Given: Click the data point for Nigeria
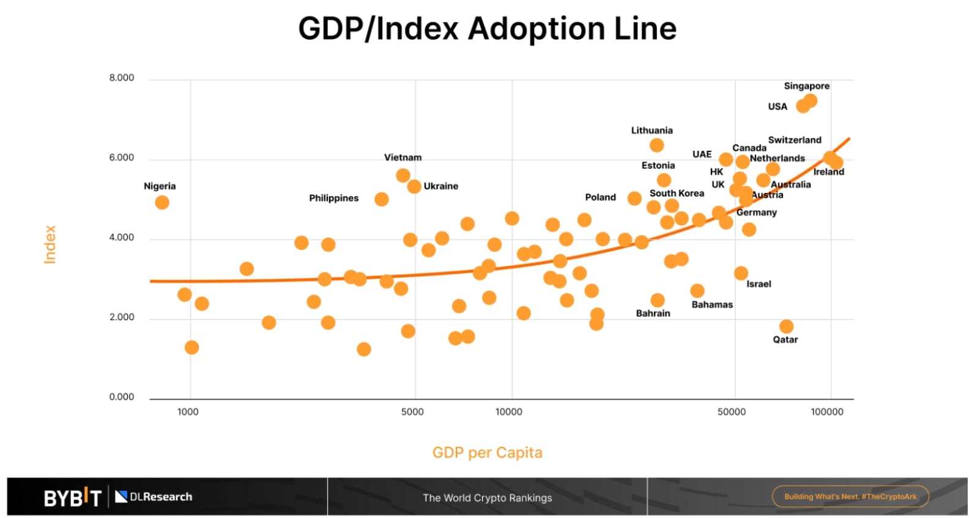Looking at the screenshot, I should click(x=162, y=203).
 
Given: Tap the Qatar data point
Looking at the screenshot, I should click(x=787, y=326).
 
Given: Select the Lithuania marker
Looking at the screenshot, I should click(x=657, y=145).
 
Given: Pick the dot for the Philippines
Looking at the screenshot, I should click(x=382, y=199).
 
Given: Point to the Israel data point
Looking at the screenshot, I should click(x=741, y=273).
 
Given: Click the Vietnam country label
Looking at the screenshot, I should click(x=403, y=157).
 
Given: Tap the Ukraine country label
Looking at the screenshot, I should click(x=440, y=186).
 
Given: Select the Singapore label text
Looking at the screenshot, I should click(x=806, y=86).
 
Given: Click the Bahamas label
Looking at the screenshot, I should click(x=712, y=304).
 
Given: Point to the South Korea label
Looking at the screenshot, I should click(x=677, y=193).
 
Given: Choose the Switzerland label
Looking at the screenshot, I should click(x=795, y=140).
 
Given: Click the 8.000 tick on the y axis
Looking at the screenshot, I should click(x=122, y=78).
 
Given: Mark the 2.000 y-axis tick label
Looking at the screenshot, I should click(x=122, y=317).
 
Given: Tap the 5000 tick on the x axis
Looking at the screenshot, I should click(x=412, y=411).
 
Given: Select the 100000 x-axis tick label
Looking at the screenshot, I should click(x=827, y=411).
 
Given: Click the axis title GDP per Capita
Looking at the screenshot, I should click(x=487, y=452).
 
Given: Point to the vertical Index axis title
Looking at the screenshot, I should click(x=50, y=244).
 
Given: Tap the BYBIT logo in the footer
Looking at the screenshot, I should click(x=72, y=497).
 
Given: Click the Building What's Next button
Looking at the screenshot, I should click(x=850, y=497).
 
